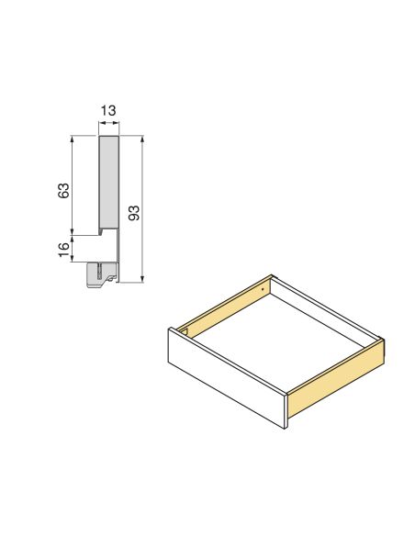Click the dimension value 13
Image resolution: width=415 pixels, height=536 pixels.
[x=108, y=111]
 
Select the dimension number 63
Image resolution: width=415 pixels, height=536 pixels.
[x=63, y=191]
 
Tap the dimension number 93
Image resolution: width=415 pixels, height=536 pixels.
[x=134, y=213]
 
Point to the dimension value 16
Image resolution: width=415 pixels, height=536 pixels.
[x=63, y=249]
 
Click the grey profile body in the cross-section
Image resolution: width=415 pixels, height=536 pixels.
[x=108, y=184]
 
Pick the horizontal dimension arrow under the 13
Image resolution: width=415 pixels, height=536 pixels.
[x=108, y=124]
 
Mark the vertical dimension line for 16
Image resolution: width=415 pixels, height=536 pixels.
[x=73, y=249]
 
